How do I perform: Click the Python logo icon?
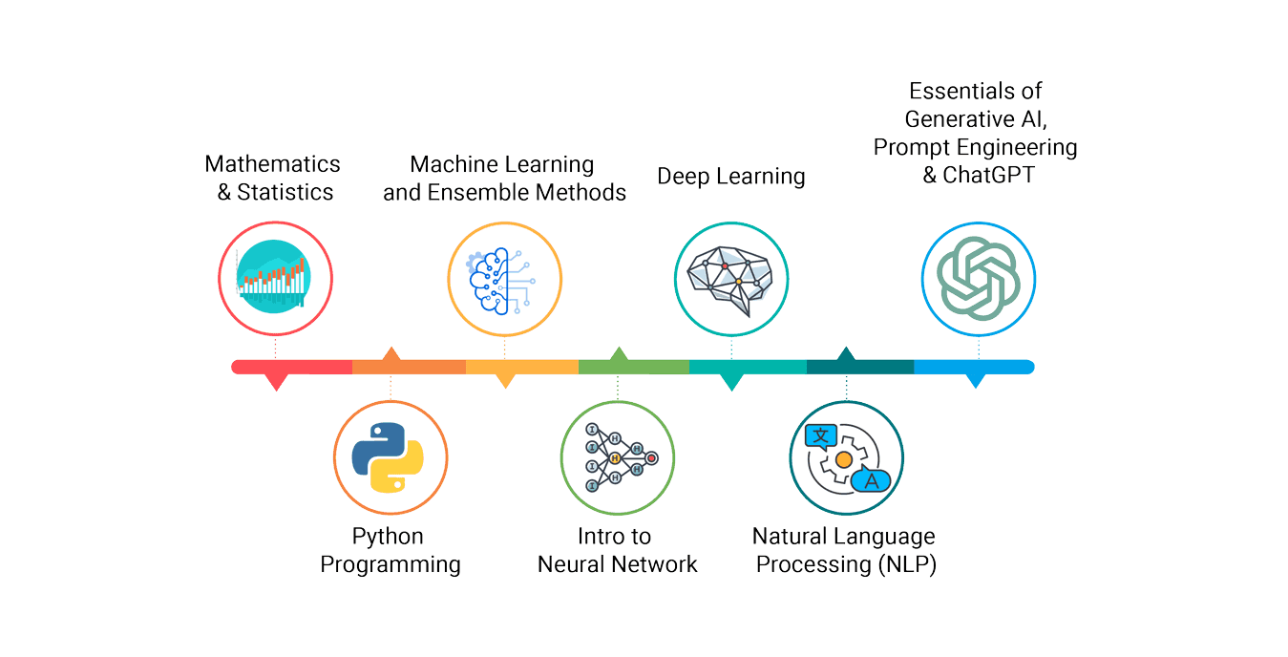click(391, 458)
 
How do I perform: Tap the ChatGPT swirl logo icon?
click(978, 280)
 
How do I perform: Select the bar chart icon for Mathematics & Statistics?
click(275, 280)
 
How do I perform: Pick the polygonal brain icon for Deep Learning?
click(731, 280)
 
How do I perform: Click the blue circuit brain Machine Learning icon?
click(503, 280)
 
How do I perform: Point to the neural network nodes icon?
click(617, 458)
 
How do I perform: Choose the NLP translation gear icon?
click(846, 458)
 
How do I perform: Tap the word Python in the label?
click(388, 536)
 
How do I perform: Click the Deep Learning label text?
click(731, 177)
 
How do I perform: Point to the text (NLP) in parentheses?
click(906, 564)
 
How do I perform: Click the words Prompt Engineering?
click(975, 148)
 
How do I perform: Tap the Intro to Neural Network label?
click(617, 550)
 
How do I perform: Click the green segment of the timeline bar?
click(633, 367)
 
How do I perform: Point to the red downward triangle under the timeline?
click(276, 382)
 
